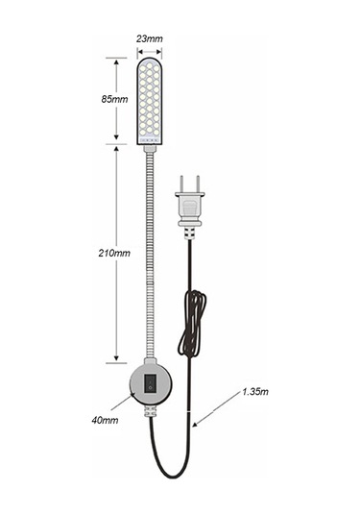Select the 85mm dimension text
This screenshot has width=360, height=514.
click(114, 99)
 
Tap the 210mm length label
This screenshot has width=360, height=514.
click(114, 254)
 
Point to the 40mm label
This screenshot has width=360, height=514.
click(105, 420)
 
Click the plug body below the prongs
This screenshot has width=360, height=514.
click(189, 209)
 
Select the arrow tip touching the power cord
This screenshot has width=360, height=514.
click(195, 423)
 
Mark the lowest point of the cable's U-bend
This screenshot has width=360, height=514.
click(170, 477)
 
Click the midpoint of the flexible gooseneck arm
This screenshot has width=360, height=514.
click(148, 255)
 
